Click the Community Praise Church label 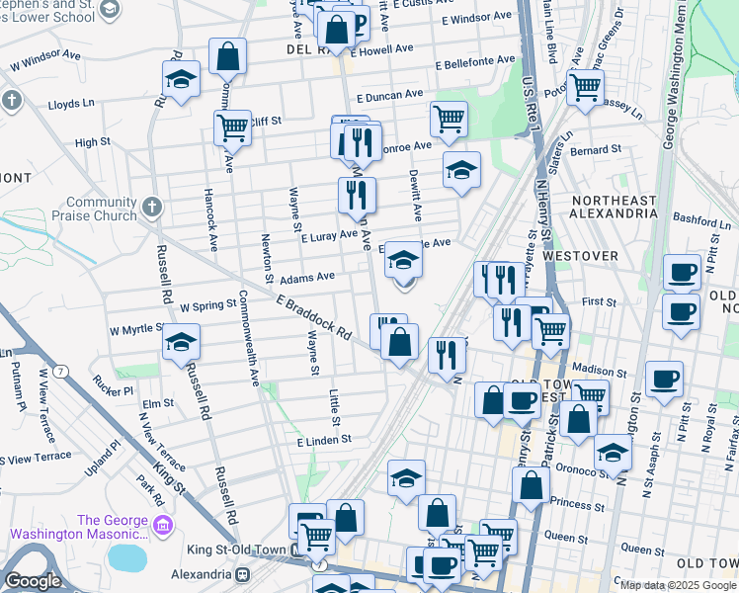102,209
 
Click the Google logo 33,581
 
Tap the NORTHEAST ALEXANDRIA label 614,209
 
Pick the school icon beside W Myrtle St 181,344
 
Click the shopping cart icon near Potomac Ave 585,87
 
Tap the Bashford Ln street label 699,219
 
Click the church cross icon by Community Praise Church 150,207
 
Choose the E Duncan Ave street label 389,98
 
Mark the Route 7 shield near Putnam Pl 61,371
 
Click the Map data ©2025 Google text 678,584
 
